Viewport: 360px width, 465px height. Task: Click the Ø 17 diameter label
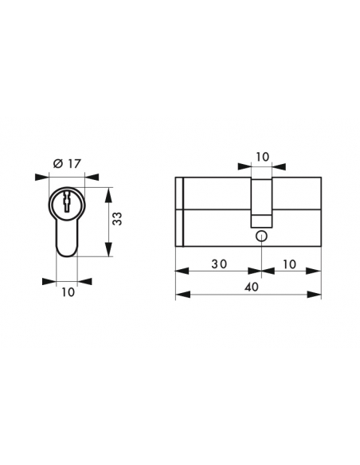(67, 163)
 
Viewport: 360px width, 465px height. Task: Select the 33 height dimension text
(118, 218)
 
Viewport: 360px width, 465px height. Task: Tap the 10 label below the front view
(68, 292)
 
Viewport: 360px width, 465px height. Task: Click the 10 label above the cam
(262, 157)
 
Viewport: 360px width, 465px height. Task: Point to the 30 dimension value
(219, 264)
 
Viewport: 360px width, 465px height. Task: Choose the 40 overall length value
(251, 287)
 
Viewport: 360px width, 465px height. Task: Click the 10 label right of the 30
(289, 264)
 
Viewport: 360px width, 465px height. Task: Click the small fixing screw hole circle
(261, 236)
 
